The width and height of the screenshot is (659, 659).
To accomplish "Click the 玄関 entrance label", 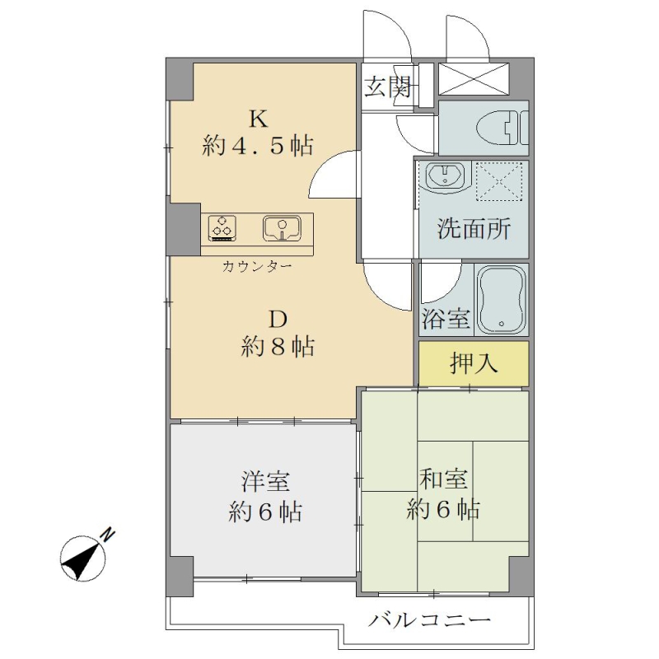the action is [x=387, y=88].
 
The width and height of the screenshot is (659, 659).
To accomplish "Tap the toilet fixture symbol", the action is [x=502, y=128].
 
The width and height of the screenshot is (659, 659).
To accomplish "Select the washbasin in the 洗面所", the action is [x=445, y=175].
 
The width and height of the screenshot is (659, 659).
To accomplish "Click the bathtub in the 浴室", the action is [x=502, y=299].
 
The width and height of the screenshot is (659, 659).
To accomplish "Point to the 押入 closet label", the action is [x=474, y=363].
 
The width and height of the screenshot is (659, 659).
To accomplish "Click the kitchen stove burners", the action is [x=222, y=228].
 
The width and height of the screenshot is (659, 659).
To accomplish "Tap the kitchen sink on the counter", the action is [x=282, y=229].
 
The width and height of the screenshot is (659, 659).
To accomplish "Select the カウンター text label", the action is [x=257, y=266].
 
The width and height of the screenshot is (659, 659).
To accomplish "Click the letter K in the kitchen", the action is [x=259, y=119].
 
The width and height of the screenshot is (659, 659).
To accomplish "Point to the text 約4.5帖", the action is [x=258, y=147].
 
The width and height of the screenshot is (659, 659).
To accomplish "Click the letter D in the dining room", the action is [x=278, y=320].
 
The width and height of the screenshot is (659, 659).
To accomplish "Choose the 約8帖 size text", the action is [x=278, y=347].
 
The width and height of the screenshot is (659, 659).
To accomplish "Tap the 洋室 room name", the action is [x=265, y=481].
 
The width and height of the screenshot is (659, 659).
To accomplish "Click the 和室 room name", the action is [x=443, y=479].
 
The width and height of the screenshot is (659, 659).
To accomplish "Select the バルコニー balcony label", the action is [x=429, y=620].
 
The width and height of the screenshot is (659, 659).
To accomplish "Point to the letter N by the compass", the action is [x=108, y=534].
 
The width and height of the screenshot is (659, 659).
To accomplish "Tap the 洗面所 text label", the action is [x=474, y=229].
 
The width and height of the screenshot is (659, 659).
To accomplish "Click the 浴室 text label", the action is [x=446, y=318].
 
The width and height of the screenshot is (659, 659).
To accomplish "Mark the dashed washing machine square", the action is [x=499, y=181].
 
